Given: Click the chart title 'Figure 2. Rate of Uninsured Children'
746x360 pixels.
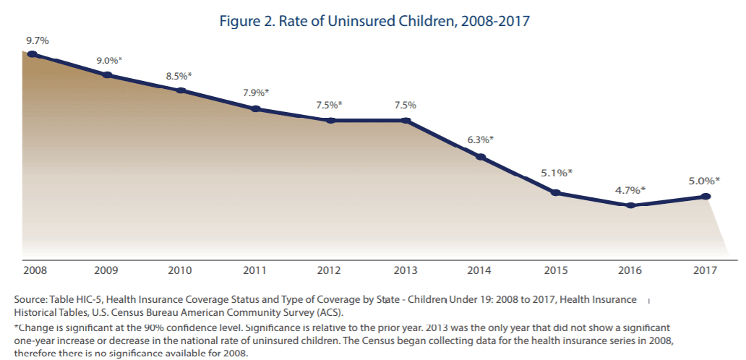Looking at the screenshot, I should pyautogui.click(x=375, y=21).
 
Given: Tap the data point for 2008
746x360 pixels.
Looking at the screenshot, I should pyautogui.click(x=32, y=53).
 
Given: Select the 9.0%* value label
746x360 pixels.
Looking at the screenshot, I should pyautogui.click(x=109, y=60).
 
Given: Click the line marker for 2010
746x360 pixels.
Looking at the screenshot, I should pyautogui.click(x=181, y=90).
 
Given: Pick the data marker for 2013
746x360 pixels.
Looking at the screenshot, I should pyautogui.click(x=405, y=120).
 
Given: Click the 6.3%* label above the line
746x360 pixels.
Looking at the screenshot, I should pyautogui.click(x=480, y=140).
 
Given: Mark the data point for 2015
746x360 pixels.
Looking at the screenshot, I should pyautogui.click(x=555, y=192).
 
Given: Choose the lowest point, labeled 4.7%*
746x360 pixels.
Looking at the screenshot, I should pyautogui.click(x=631, y=205).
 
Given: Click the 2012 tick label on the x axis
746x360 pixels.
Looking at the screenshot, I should pyautogui.click(x=329, y=270).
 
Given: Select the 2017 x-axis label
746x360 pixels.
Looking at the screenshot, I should pyautogui.click(x=704, y=270).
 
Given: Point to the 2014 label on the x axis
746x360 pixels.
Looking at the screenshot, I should pyautogui.click(x=479, y=270).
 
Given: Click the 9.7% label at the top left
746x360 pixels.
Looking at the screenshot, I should pyautogui.click(x=37, y=40).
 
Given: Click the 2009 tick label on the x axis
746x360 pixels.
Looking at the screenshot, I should pyautogui.click(x=107, y=270).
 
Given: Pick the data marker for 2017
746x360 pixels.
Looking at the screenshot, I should pyautogui.click(x=706, y=197).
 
